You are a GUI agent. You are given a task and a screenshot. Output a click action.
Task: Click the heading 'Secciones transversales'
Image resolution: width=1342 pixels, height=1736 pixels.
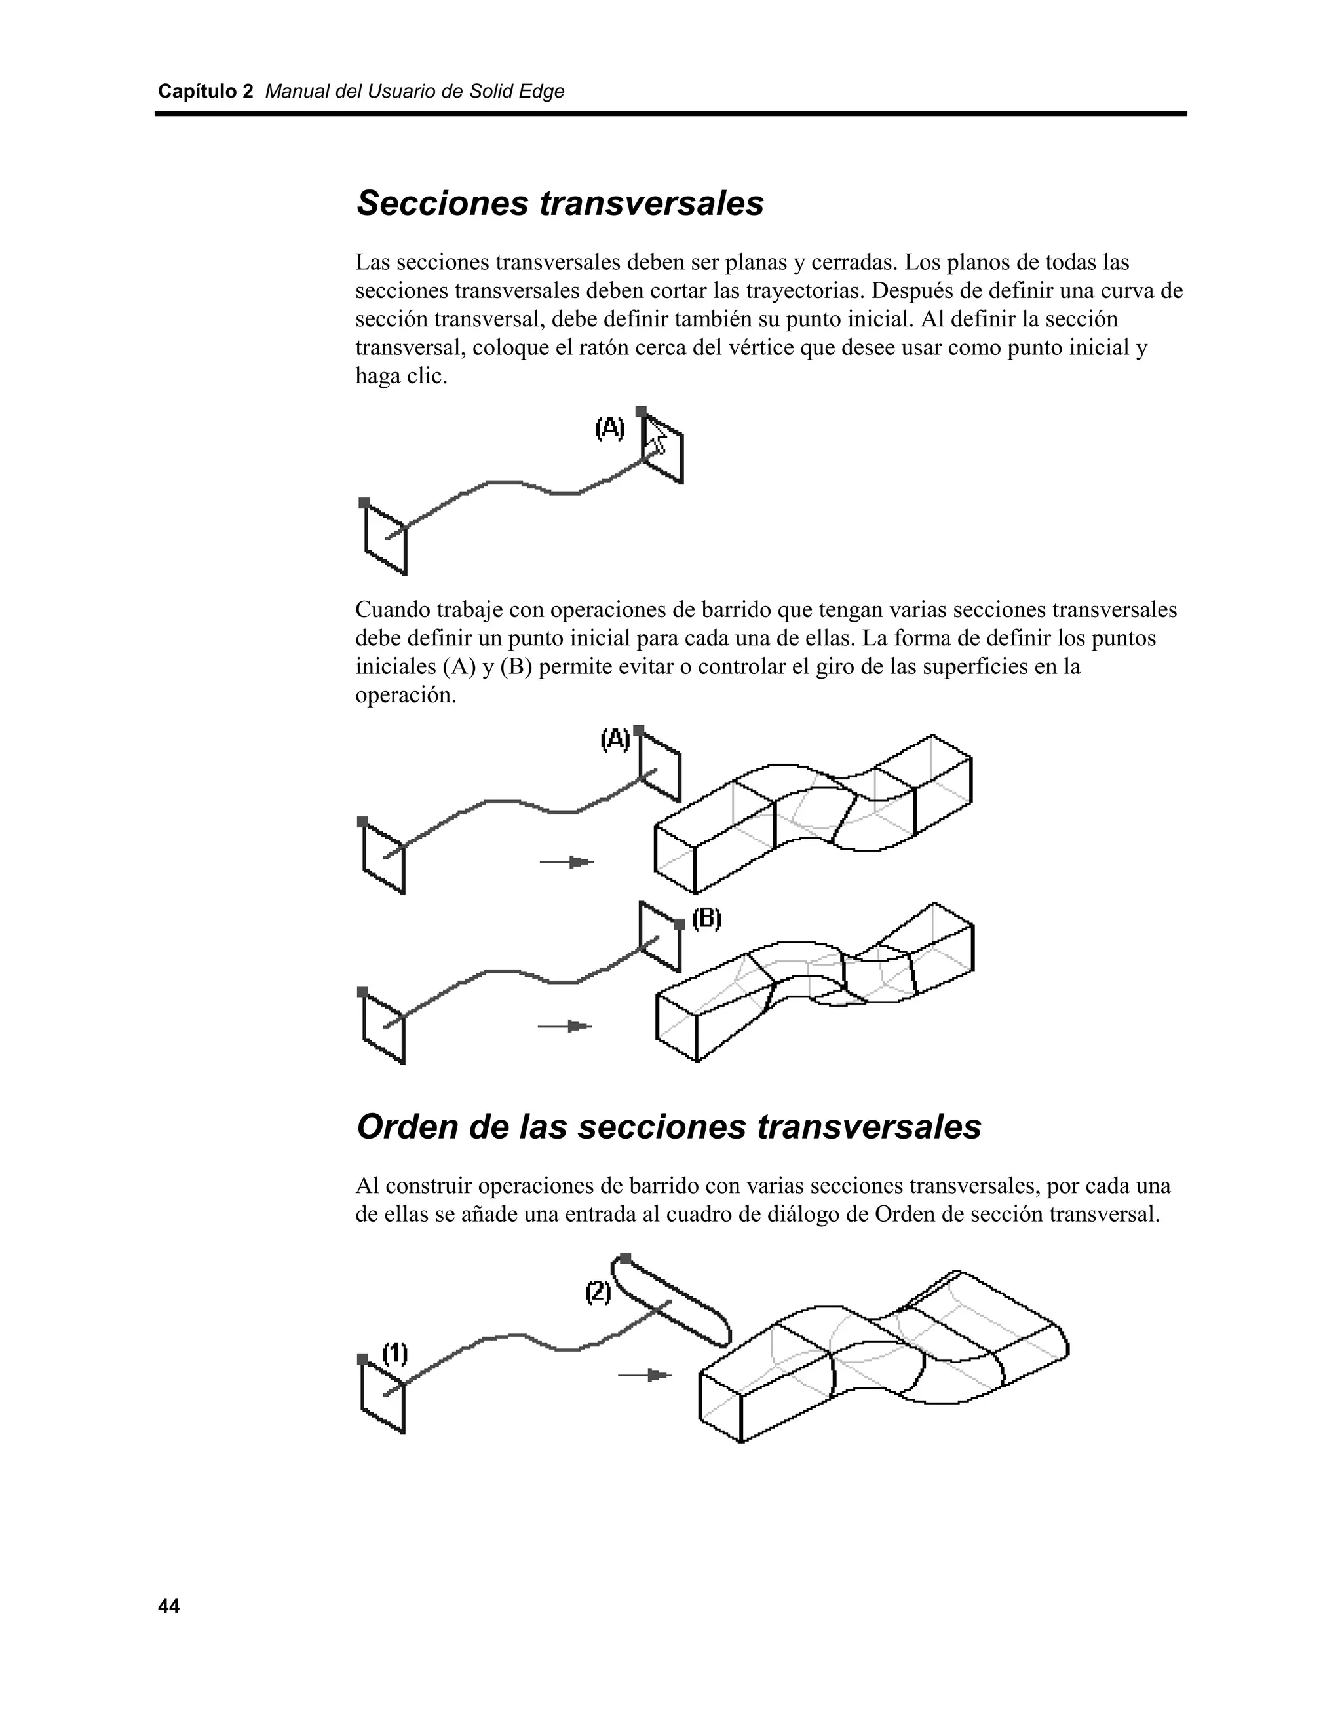point(560,204)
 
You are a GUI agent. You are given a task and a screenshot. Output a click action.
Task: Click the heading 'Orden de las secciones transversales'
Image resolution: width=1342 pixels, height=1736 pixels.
point(668,1127)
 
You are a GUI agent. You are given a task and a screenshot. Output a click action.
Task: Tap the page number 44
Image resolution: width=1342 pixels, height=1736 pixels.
point(168,1606)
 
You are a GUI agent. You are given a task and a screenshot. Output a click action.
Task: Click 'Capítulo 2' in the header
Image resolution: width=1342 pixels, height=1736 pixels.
point(205,92)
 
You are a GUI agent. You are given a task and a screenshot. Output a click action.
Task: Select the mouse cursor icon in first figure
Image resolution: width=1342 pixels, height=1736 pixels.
point(656,436)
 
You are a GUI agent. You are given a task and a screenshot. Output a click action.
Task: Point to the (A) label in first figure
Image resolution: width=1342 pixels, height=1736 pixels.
point(610,428)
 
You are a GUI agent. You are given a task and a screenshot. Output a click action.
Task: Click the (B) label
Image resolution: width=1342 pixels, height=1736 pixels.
point(706,920)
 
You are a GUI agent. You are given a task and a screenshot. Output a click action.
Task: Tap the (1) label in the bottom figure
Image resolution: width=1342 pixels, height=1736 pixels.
point(395,1353)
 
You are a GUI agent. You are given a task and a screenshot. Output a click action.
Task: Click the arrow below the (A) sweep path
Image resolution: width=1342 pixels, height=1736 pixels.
point(567,861)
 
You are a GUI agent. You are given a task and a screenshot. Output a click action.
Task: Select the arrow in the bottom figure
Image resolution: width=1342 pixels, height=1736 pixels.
point(645,1375)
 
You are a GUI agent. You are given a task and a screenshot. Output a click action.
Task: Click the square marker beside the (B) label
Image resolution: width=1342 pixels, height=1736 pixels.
point(679,924)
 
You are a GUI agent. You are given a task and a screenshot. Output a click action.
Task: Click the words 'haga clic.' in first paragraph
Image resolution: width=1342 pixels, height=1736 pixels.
point(400,377)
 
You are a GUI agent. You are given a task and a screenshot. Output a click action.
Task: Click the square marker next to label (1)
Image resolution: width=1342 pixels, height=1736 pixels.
point(362,1360)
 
